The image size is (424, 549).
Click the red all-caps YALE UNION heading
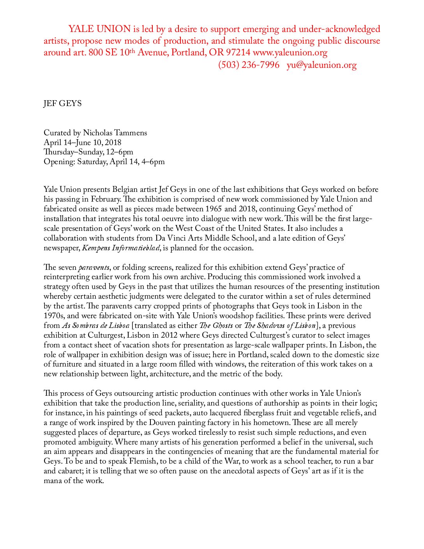click(x=99, y=29)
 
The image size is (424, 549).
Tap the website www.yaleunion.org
click(x=290, y=53)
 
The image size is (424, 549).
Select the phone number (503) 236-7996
click(x=249, y=65)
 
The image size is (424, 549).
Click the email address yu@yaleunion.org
click(x=322, y=65)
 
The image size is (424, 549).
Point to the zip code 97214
click(x=238, y=53)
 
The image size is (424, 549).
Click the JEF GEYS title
click(x=63, y=103)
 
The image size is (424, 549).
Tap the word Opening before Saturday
click(x=59, y=162)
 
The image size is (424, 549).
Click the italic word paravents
click(x=94, y=267)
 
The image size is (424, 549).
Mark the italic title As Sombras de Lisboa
click(x=95, y=326)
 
